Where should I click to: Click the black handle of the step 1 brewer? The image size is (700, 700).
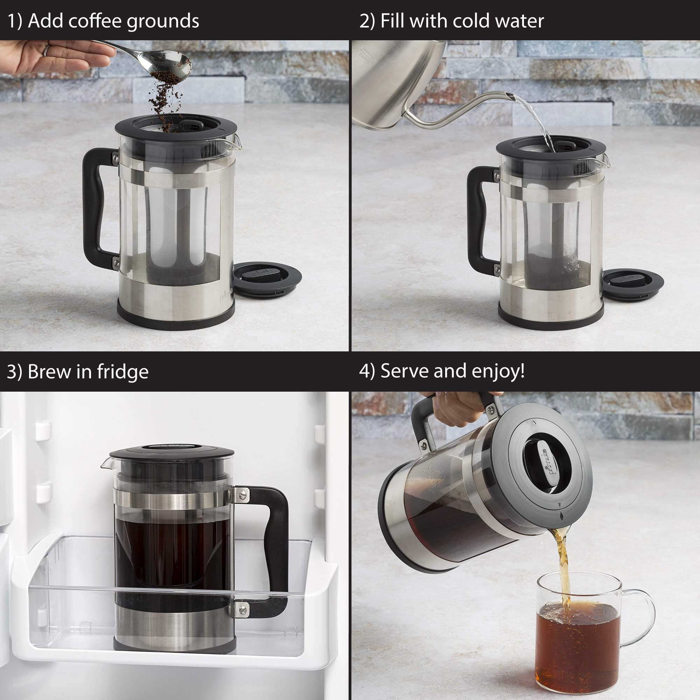92,203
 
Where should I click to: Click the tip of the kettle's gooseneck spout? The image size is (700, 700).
510,96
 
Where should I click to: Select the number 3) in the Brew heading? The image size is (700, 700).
15,372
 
